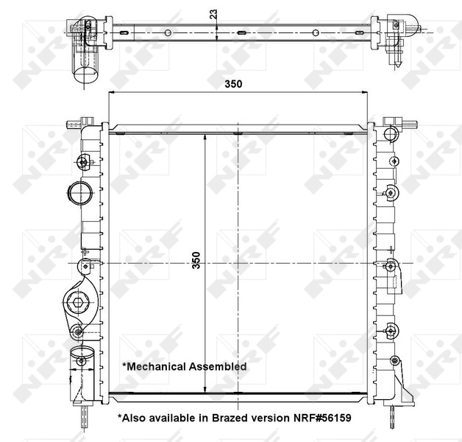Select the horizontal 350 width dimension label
click(234, 84)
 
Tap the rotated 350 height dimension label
click(196, 262)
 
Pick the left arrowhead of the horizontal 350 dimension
click(113, 94)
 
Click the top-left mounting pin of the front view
click(87, 120)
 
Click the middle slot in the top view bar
click(242, 32)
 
